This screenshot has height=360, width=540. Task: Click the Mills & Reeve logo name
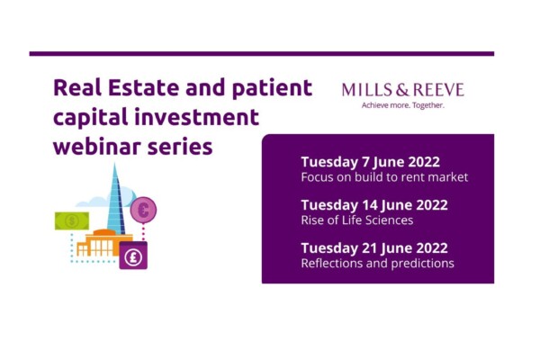[402, 90]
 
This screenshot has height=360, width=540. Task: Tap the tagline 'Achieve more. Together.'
[403, 105]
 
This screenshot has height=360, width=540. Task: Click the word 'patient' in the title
[272, 88]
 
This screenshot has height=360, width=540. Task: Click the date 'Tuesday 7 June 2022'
[371, 162]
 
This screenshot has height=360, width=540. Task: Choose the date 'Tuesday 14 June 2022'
[374, 205]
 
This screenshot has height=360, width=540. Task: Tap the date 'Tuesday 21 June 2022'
[374, 248]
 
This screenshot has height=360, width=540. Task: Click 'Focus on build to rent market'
[384, 177]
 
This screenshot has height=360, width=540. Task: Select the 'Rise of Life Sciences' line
[357, 220]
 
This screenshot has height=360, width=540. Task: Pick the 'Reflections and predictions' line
[377, 263]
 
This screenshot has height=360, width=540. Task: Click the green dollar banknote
[72, 220]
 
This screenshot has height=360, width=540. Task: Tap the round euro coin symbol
[143, 210]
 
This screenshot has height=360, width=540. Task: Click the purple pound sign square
[133, 256]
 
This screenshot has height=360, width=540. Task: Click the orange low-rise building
[103, 243]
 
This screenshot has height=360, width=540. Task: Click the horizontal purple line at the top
[262, 54]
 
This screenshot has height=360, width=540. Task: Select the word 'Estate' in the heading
[144, 87]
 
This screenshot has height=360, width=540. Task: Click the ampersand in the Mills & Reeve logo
[402, 90]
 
